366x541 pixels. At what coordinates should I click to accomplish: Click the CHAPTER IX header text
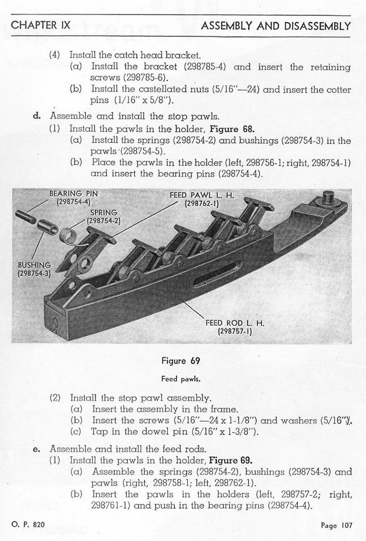pyautogui.click(x=41, y=25)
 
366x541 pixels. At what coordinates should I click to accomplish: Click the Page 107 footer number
pyautogui.click(x=336, y=525)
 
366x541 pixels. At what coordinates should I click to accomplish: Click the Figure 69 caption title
pyautogui.click(x=181, y=361)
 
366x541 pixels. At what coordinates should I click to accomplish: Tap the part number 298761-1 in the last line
pyautogui.click(x=109, y=506)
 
